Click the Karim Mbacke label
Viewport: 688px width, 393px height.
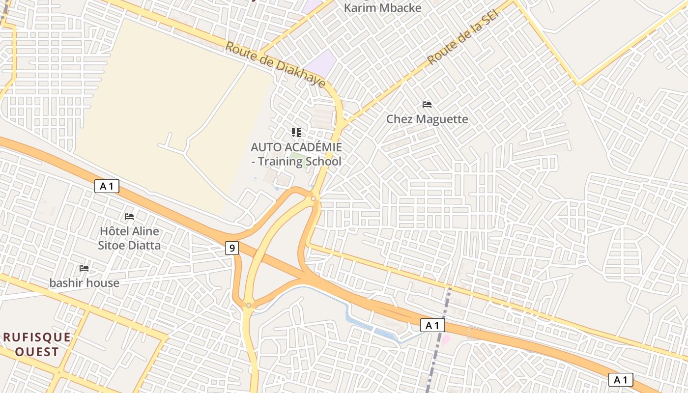point(382,8)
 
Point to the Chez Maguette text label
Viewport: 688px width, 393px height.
point(427,119)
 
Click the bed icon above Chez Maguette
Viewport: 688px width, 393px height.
point(427,105)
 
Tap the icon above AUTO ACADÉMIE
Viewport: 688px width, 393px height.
point(296,132)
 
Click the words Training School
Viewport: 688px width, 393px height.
point(299,161)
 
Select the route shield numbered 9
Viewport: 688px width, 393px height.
point(232,248)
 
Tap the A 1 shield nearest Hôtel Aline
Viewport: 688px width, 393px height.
point(107,186)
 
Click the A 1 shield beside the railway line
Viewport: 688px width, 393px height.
point(432,325)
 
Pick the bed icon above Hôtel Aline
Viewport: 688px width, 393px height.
point(129,216)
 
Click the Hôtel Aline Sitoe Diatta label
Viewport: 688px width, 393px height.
point(129,238)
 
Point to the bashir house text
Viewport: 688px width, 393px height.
point(84,283)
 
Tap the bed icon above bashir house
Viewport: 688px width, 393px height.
point(84,268)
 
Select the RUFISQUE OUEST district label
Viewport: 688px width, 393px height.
point(37,344)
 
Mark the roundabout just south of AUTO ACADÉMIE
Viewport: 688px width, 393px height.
point(313,198)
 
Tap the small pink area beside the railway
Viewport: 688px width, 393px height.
point(446,339)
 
